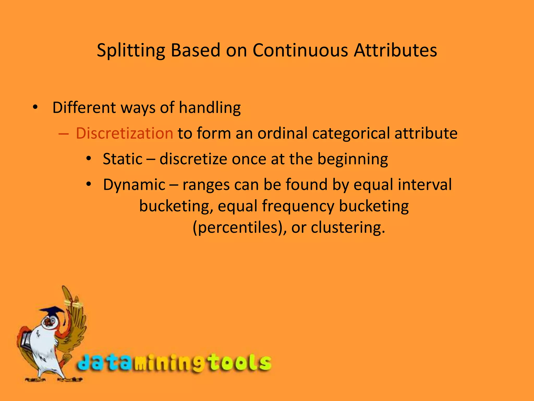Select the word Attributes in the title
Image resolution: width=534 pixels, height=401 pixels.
pos(395,50)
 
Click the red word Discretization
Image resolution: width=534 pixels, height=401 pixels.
pos(124,133)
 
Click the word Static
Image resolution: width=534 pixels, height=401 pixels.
pos(123,159)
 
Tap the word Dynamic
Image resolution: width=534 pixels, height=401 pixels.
pos(134,185)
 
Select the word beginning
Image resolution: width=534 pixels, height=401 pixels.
pos(353,159)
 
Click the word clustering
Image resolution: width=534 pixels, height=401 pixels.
pos(348,227)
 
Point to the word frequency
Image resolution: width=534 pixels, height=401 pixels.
pos(298,206)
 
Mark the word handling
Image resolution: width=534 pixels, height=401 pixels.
pos(210,108)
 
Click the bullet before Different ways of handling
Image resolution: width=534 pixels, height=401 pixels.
pos(35,107)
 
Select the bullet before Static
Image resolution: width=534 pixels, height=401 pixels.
pos(89,159)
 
